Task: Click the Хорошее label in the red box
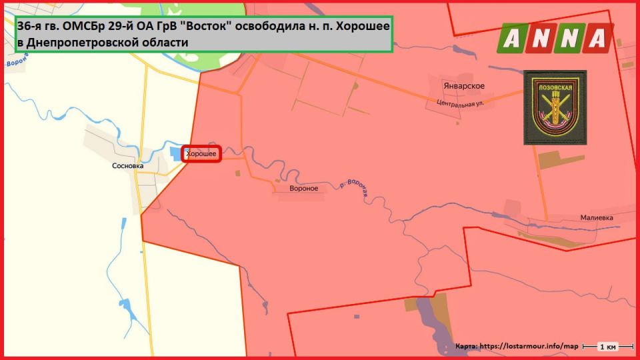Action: click(201, 154)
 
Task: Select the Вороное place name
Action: click(303, 188)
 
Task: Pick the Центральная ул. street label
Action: click(460, 104)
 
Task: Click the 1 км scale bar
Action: click(606, 347)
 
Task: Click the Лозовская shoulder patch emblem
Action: click(555, 107)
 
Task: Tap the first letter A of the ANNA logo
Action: click(513, 39)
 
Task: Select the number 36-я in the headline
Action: click(33, 27)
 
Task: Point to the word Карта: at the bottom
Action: click(465, 347)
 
